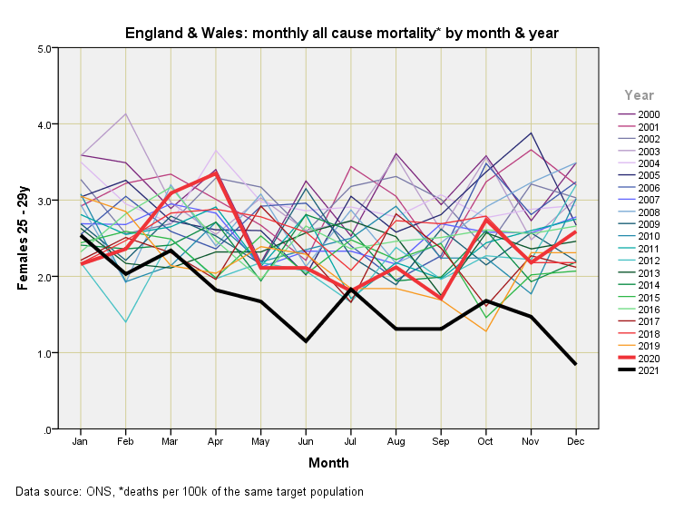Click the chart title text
point(341,34)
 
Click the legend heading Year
point(639,94)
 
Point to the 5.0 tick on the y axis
point(41,48)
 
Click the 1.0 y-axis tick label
point(41,353)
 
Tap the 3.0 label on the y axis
point(41,201)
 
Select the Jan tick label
point(81,440)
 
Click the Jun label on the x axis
point(306,440)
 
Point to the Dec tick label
point(575,440)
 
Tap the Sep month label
point(441,440)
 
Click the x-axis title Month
point(327,463)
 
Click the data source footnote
point(189,492)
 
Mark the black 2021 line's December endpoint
point(575,364)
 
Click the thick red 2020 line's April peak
point(216,172)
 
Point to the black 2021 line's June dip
point(306,341)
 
